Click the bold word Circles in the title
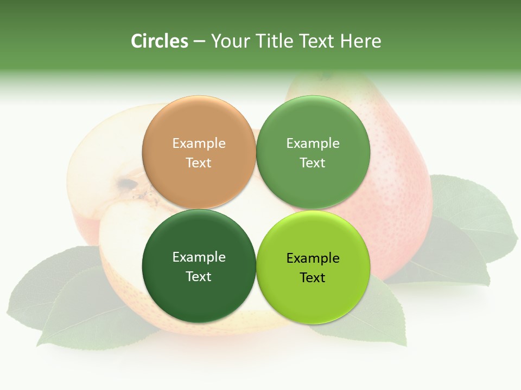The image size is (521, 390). [159, 41]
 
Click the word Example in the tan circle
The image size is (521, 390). [199, 144]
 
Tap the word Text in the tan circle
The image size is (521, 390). [199, 163]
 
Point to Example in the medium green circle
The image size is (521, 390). [313, 144]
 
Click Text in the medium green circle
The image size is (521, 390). [313, 163]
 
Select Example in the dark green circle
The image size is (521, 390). [199, 257]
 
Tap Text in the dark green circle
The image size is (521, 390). [199, 277]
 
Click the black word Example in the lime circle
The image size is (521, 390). [313, 258]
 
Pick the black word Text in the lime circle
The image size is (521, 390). [313, 278]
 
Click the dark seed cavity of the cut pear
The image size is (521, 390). [128, 185]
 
